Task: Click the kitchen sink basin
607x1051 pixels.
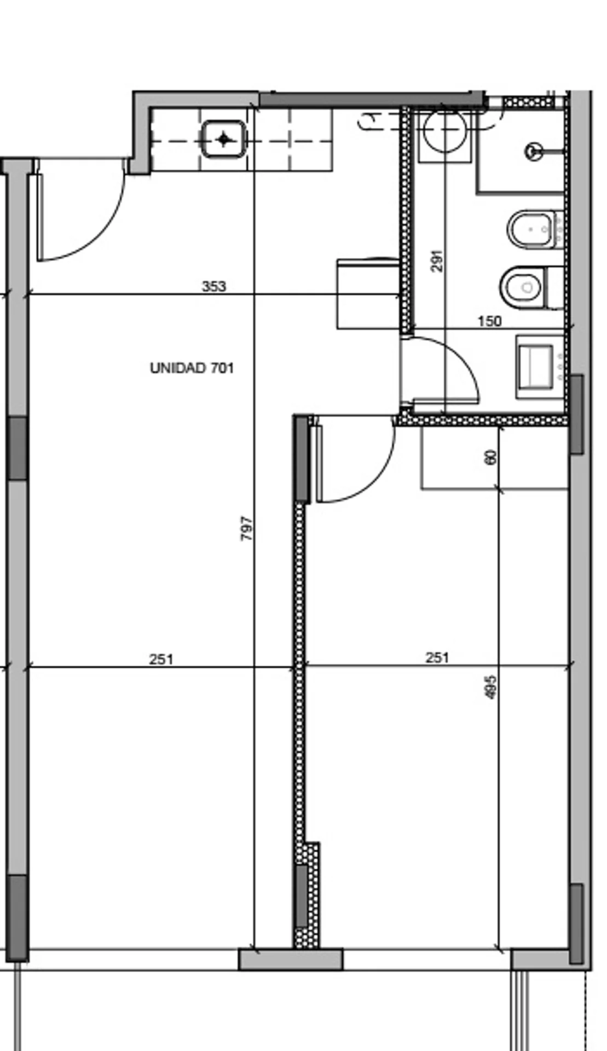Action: (223, 140)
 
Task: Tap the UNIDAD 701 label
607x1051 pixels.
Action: (192, 368)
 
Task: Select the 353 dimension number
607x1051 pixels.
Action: (213, 286)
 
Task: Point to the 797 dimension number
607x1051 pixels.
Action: (247, 529)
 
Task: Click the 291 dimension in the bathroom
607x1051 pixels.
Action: (436, 261)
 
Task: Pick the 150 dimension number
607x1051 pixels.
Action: (489, 321)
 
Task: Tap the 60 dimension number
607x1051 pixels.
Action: (491, 457)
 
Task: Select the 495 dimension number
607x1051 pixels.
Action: (491, 686)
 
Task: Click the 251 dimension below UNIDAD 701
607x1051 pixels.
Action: (161, 659)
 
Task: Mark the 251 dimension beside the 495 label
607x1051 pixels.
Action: (437, 657)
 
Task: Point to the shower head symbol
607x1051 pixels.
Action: (534, 150)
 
